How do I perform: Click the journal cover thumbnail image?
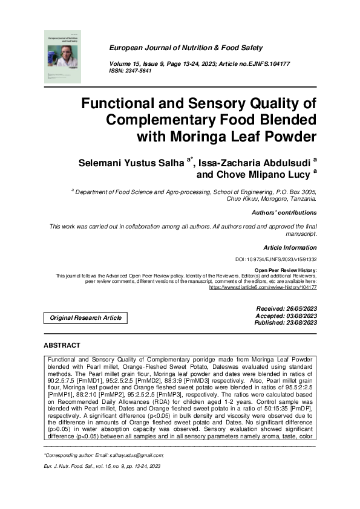coord(61,56)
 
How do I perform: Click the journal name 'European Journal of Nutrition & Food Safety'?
coord(185,48)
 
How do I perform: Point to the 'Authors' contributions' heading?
coord(284,213)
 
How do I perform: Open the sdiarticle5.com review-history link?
coord(263,288)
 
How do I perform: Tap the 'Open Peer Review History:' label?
coord(285,270)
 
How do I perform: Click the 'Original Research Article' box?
coord(85,317)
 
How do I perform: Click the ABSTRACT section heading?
coord(62,345)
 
